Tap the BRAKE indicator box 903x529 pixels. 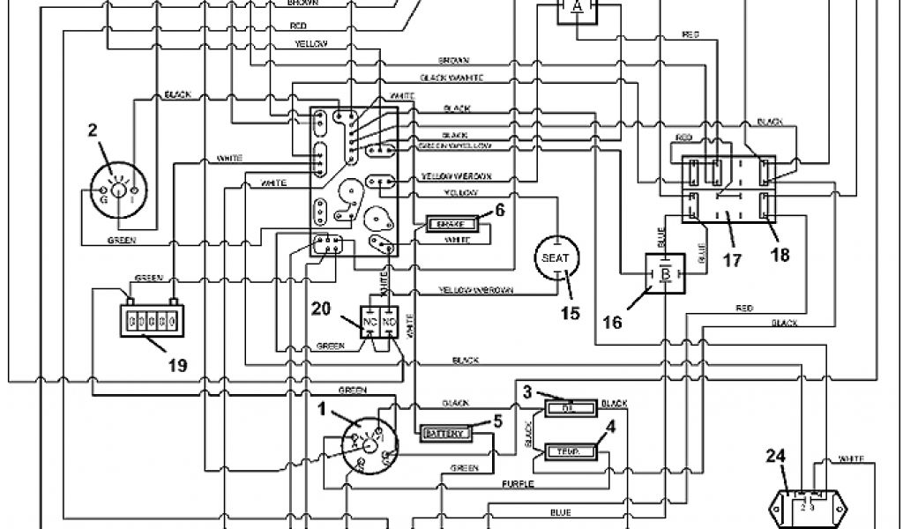451,224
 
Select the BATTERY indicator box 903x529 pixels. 444,434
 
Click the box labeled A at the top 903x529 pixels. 578,8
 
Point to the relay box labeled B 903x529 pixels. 666,273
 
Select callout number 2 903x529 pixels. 92,133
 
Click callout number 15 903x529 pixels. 571,312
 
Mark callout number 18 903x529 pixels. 780,255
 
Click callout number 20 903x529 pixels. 322,308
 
